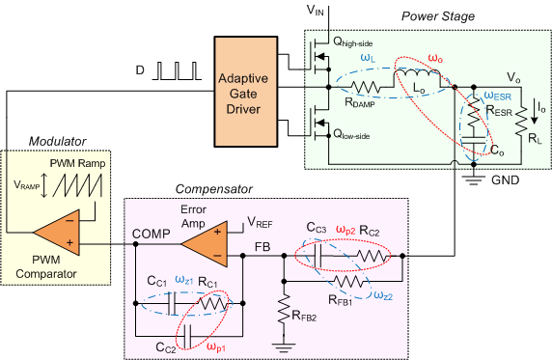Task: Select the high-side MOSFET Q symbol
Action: click(317, 56)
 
